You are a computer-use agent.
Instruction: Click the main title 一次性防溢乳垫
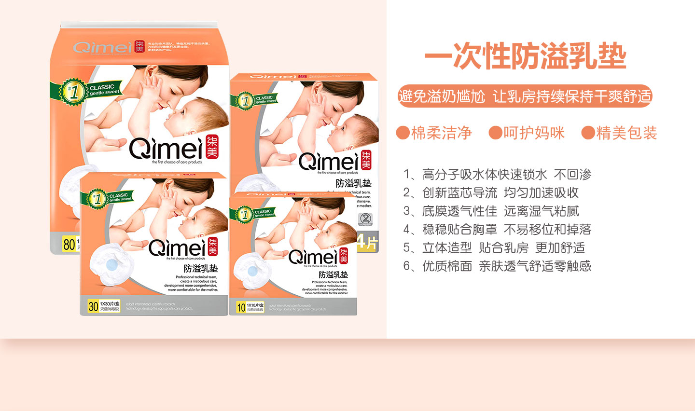click(x=525, y=57)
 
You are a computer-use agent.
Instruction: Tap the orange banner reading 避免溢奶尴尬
click(x=525, y=96)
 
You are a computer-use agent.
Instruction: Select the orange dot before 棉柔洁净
click(x=403, y=133)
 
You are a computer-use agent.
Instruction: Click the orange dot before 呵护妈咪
click(x=495, y=133)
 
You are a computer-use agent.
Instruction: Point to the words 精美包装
click(x=626, y=133)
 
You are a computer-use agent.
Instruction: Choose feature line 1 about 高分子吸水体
click(x=497, y=175)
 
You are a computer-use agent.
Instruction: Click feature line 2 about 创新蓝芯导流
click(x=491, y=193)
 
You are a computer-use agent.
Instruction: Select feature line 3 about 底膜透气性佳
click(x=491, y=211)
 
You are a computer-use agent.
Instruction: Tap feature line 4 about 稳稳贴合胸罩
click(x=497, y=230)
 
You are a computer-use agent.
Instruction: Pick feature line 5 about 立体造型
click(x=494, y=248)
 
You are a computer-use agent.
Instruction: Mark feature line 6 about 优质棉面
click(x=497, y=266)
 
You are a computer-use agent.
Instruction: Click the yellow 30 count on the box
click(x=93, y=306)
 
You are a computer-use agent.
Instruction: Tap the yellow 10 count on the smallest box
click(x=241, y=307)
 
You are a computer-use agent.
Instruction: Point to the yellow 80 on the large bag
click(x=69, y=244)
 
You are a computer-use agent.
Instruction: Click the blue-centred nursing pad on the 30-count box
click(x=112, y=264)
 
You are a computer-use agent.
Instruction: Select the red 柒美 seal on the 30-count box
click(x=212, y=247)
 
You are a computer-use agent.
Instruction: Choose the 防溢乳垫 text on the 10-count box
click(x=333, y=274)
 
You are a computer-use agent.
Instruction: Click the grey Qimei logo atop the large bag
click(x=102, y=47)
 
